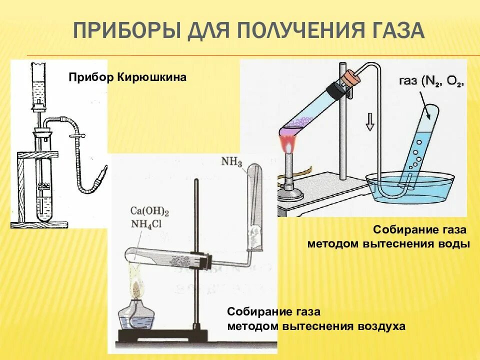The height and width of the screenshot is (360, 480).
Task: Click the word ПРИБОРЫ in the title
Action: tap(127, 31)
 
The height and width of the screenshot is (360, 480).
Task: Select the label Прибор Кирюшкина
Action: tap(127, 77)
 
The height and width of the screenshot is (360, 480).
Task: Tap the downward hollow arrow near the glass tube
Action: tap(369, 122)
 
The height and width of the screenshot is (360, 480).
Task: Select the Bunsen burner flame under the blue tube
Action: tap(288, 145)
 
